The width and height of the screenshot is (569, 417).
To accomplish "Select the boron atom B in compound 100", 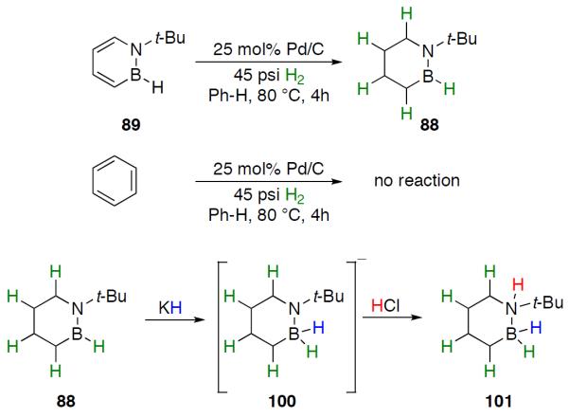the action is [301, 339].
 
